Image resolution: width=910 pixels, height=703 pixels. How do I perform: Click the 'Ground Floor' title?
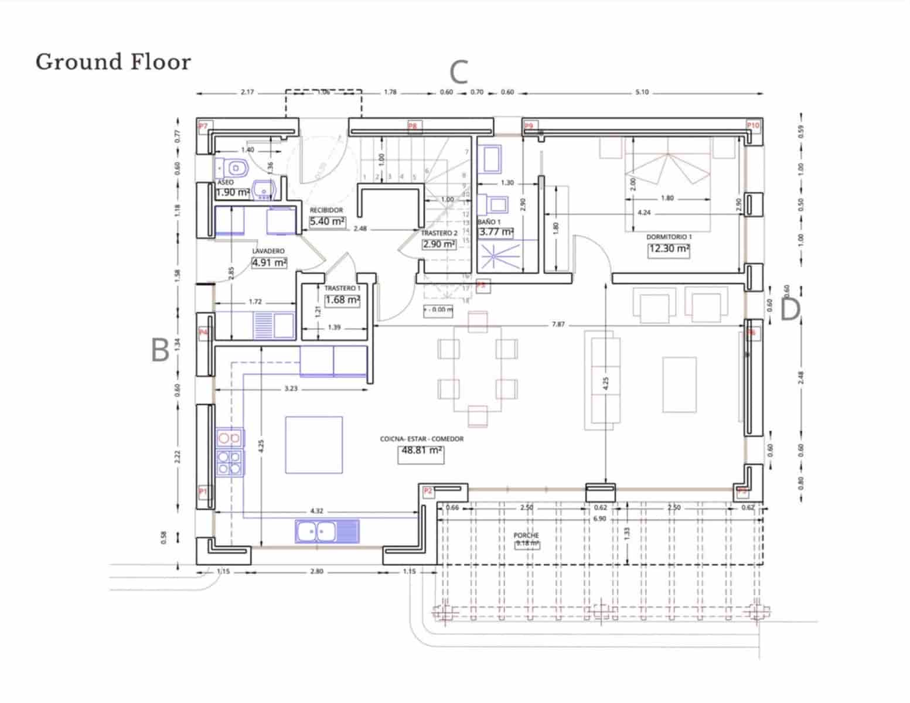113,62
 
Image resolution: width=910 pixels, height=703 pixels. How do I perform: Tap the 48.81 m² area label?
421,451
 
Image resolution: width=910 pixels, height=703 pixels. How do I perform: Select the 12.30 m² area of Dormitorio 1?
669,249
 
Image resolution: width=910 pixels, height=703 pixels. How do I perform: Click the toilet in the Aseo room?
234,168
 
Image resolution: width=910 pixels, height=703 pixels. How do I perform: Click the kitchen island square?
313,445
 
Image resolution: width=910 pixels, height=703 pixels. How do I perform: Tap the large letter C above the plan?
459,73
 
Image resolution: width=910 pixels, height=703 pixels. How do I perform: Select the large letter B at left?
160,350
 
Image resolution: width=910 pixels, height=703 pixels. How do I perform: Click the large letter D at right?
790,310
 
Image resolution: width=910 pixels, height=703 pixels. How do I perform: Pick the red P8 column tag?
413,126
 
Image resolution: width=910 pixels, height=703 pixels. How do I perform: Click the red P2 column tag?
428,491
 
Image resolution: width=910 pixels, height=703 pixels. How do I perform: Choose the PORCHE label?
526,535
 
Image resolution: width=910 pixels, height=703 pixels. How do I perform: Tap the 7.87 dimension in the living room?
558,324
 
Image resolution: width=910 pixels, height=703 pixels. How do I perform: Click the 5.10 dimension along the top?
642,92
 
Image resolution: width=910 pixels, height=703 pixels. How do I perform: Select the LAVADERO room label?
268,251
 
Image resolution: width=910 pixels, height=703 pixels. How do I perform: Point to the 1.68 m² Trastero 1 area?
342,300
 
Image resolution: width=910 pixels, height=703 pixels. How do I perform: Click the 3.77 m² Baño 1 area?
496,232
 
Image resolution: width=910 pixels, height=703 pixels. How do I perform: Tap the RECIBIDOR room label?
326,210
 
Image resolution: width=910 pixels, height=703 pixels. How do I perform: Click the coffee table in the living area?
679,384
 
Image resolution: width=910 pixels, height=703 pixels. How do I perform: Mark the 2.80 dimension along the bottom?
316,571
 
